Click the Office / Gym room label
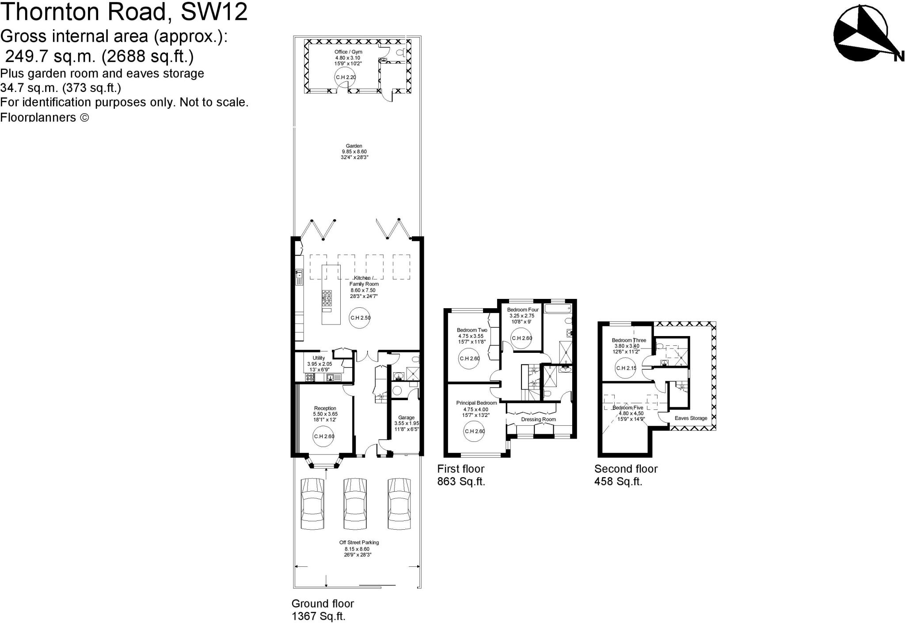pos(348,52)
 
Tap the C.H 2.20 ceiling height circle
pos(346,77)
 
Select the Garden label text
pos(354,146)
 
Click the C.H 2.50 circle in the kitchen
pos(360,317)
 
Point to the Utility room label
pos(319,358)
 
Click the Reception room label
pos(325,408)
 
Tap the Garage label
pos(406,417)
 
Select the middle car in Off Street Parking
pos(355,504)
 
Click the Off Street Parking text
pos(359,543)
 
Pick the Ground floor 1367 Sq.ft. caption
pos(323,609)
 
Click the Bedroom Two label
pos(472,330)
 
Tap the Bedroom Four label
pos(523,310)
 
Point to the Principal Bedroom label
pos(476,403)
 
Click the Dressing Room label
pos(538,419)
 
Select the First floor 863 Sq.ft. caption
pos(461,475)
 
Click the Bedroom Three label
pos(629,340)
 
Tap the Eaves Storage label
pos(691,418)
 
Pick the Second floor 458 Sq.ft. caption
pos(626,475)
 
